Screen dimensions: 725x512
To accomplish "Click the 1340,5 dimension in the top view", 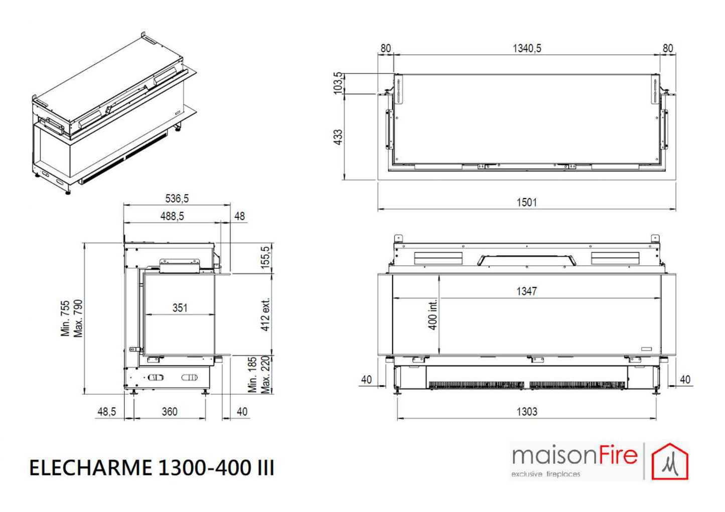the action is pyautogui.click(x=527, y=49).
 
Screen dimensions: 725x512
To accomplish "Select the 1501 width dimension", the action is pyautogui.click(x=527, y=203).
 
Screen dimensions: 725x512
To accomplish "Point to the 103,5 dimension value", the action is pyautogui.click(x=338, y=83).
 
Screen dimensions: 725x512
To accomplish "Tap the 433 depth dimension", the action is pyautogui.click(x=338, y=137).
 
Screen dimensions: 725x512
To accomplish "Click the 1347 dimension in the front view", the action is pyautogui.click(x=527, y=291).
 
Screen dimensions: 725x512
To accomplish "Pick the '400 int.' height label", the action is pyautogui.click(x=432, y=314).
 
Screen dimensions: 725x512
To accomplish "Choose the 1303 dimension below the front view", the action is pyautogui.click(x=527, y=412).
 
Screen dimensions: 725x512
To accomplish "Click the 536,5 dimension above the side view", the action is pyautogui.click(x=177, y=199).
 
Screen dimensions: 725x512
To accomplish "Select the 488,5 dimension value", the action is pyautogui.click(x=172, y=216).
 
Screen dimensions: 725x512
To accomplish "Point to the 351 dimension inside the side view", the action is pyautogui.click(x=180, y=307).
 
